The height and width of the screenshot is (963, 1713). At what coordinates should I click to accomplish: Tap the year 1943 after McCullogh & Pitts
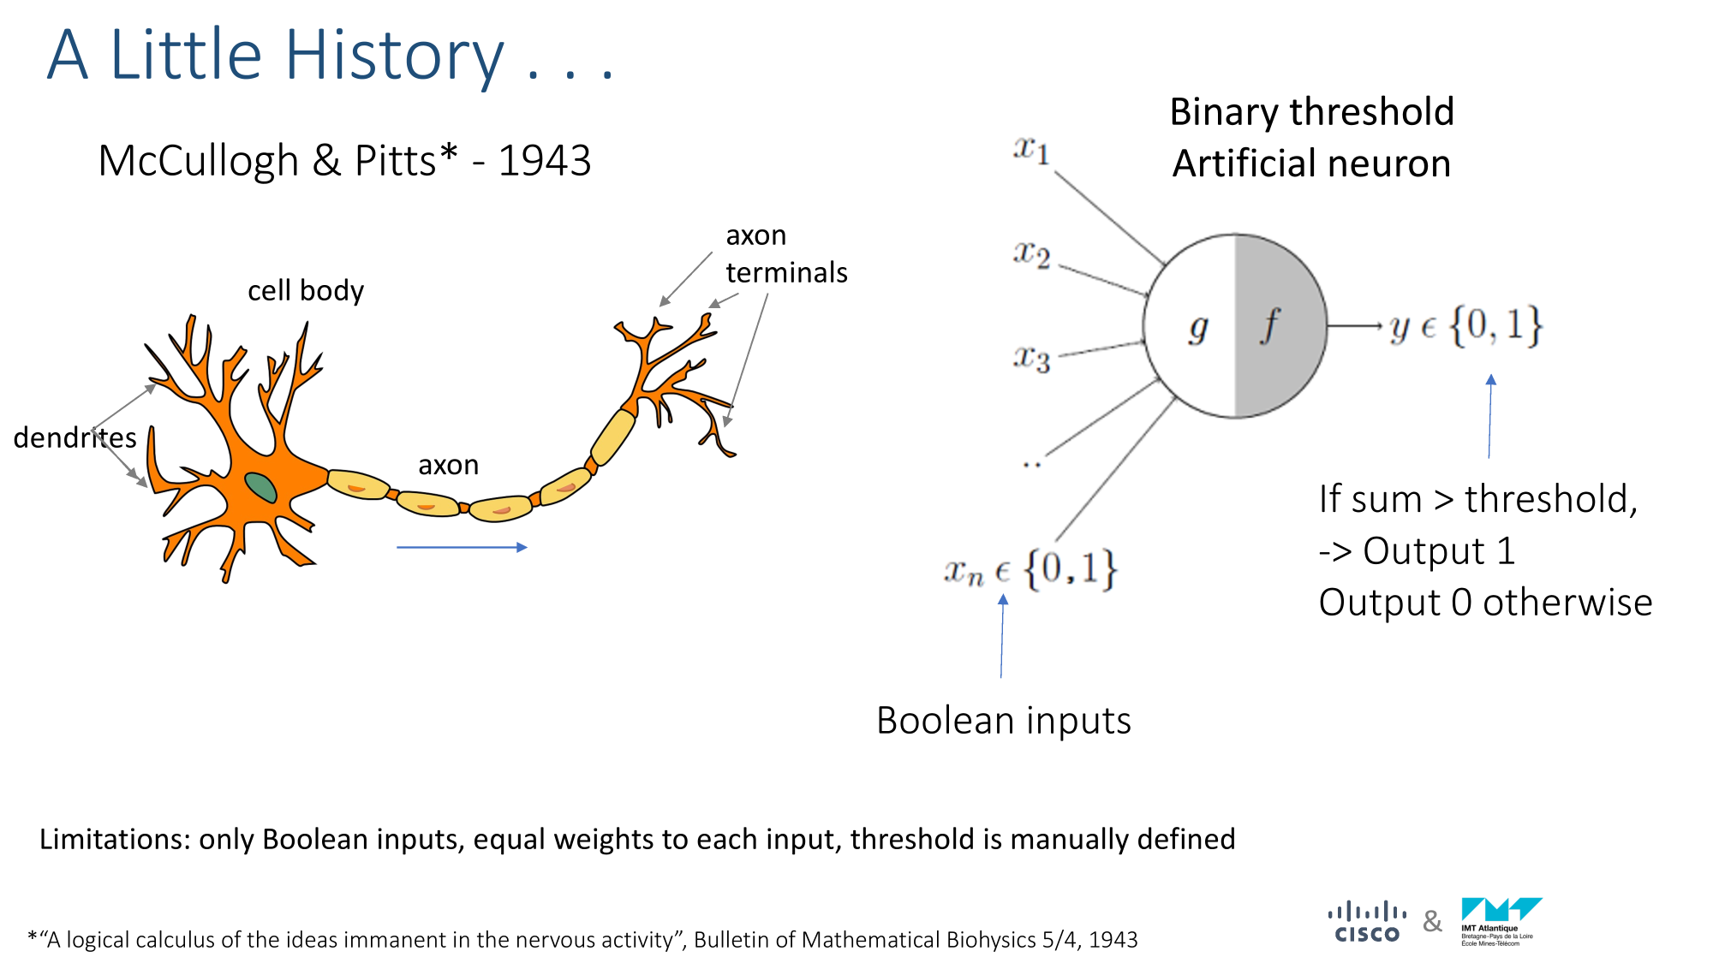[x=545, y=160]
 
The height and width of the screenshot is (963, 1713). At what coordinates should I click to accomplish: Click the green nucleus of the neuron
[x=261, y=487]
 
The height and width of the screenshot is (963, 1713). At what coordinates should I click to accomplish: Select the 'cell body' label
[x=306, y=291]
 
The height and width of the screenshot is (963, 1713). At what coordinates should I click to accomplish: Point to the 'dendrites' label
[x=75, y=437]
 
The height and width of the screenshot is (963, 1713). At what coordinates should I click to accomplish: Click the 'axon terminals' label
[x=786, y=253]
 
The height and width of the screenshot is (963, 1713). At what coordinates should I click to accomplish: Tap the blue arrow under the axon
[x=462, y=547]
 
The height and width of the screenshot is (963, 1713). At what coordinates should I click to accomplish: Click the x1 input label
[x=1031, y=150]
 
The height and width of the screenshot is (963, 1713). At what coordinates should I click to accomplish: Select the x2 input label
[x=1031, y=254]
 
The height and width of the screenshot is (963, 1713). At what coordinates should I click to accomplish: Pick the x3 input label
[x=1031, y=358]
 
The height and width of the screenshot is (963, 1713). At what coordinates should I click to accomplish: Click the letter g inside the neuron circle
[x=1198, y=328]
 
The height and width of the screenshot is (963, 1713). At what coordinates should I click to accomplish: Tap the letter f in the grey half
[x=1270, y=325]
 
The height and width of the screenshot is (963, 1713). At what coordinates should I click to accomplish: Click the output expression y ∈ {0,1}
[x=1465, y=326]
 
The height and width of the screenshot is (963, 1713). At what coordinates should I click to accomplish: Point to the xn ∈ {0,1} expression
[x=1030, y=568]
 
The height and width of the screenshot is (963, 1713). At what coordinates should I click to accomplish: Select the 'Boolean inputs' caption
[x=1004, y=720]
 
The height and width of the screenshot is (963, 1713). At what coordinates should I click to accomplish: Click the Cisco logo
[x=1367, y=923]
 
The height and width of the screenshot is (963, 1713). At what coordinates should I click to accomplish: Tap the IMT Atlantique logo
[x=1501, y=922]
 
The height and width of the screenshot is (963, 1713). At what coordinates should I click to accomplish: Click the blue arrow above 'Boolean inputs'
[x=1002, y=636]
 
